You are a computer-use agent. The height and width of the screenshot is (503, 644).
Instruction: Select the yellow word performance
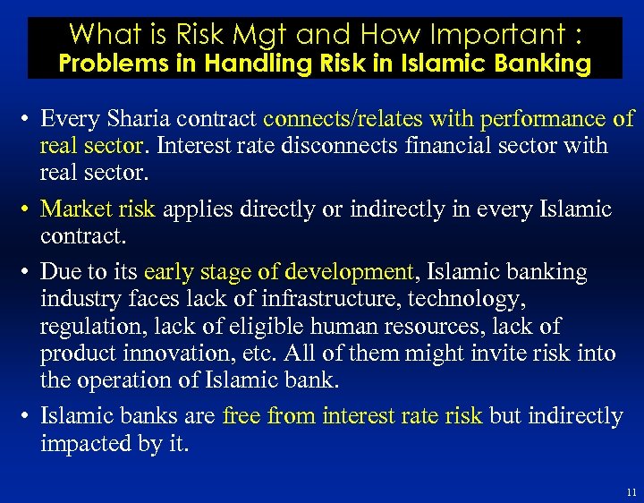click(x=545, y=118)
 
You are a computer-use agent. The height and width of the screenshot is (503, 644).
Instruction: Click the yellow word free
click(x=240, y=416)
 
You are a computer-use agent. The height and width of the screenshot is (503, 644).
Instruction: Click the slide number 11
click(x=631, y=492)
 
